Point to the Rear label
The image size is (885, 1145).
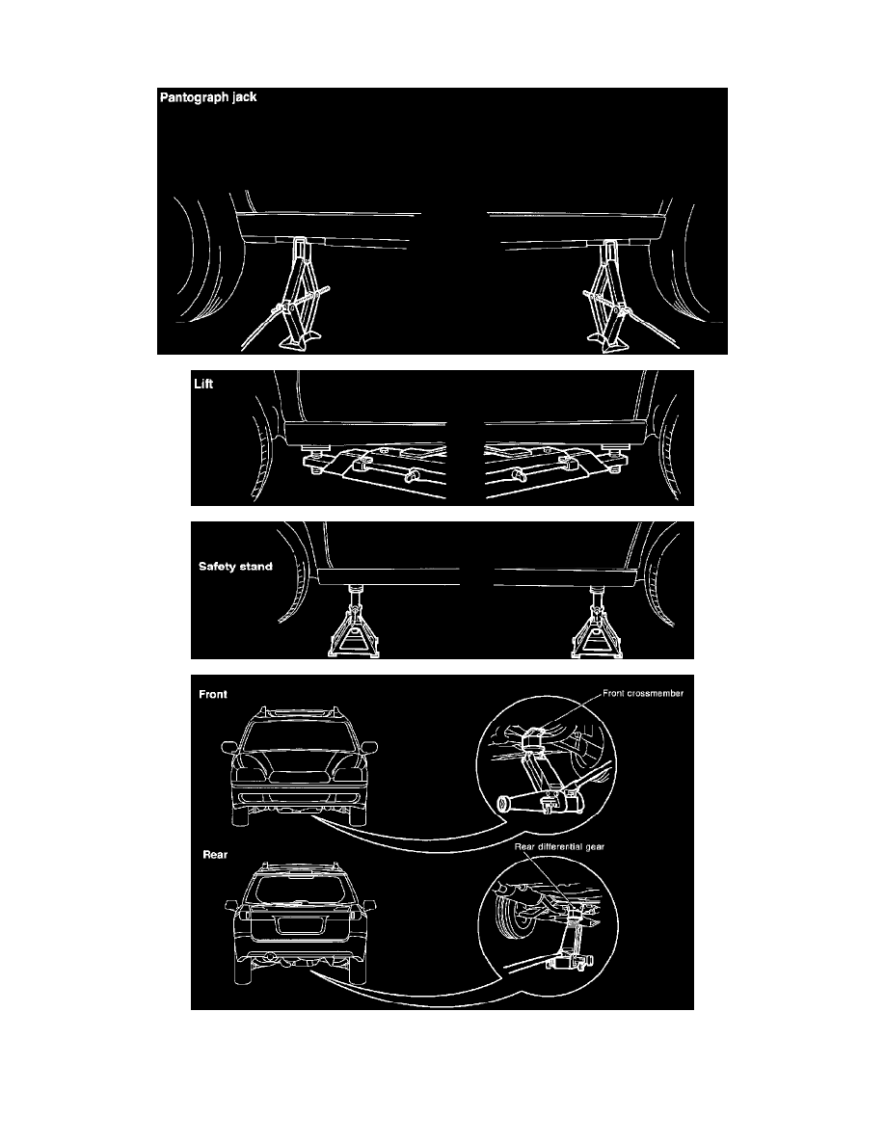point(214,854)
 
